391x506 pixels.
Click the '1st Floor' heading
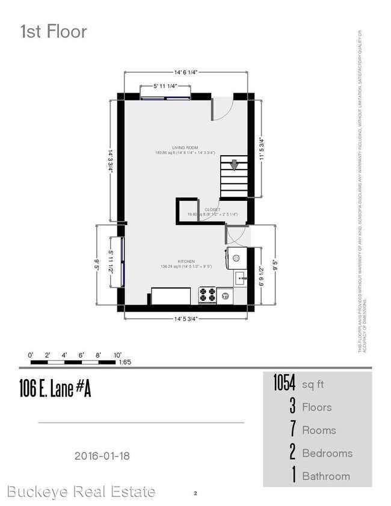pos(54,31)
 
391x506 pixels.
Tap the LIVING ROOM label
pos(185,147)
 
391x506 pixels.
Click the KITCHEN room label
pos(186,261)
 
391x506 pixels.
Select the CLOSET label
pos(212,209)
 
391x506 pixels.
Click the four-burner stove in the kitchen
pos(208,295)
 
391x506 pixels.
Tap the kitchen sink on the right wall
pos(239,278)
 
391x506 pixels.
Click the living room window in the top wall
pos(165,96)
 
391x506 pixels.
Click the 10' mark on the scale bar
pos(117,354)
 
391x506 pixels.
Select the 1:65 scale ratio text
pos(126,362)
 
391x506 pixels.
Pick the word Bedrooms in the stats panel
pos(327,453)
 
